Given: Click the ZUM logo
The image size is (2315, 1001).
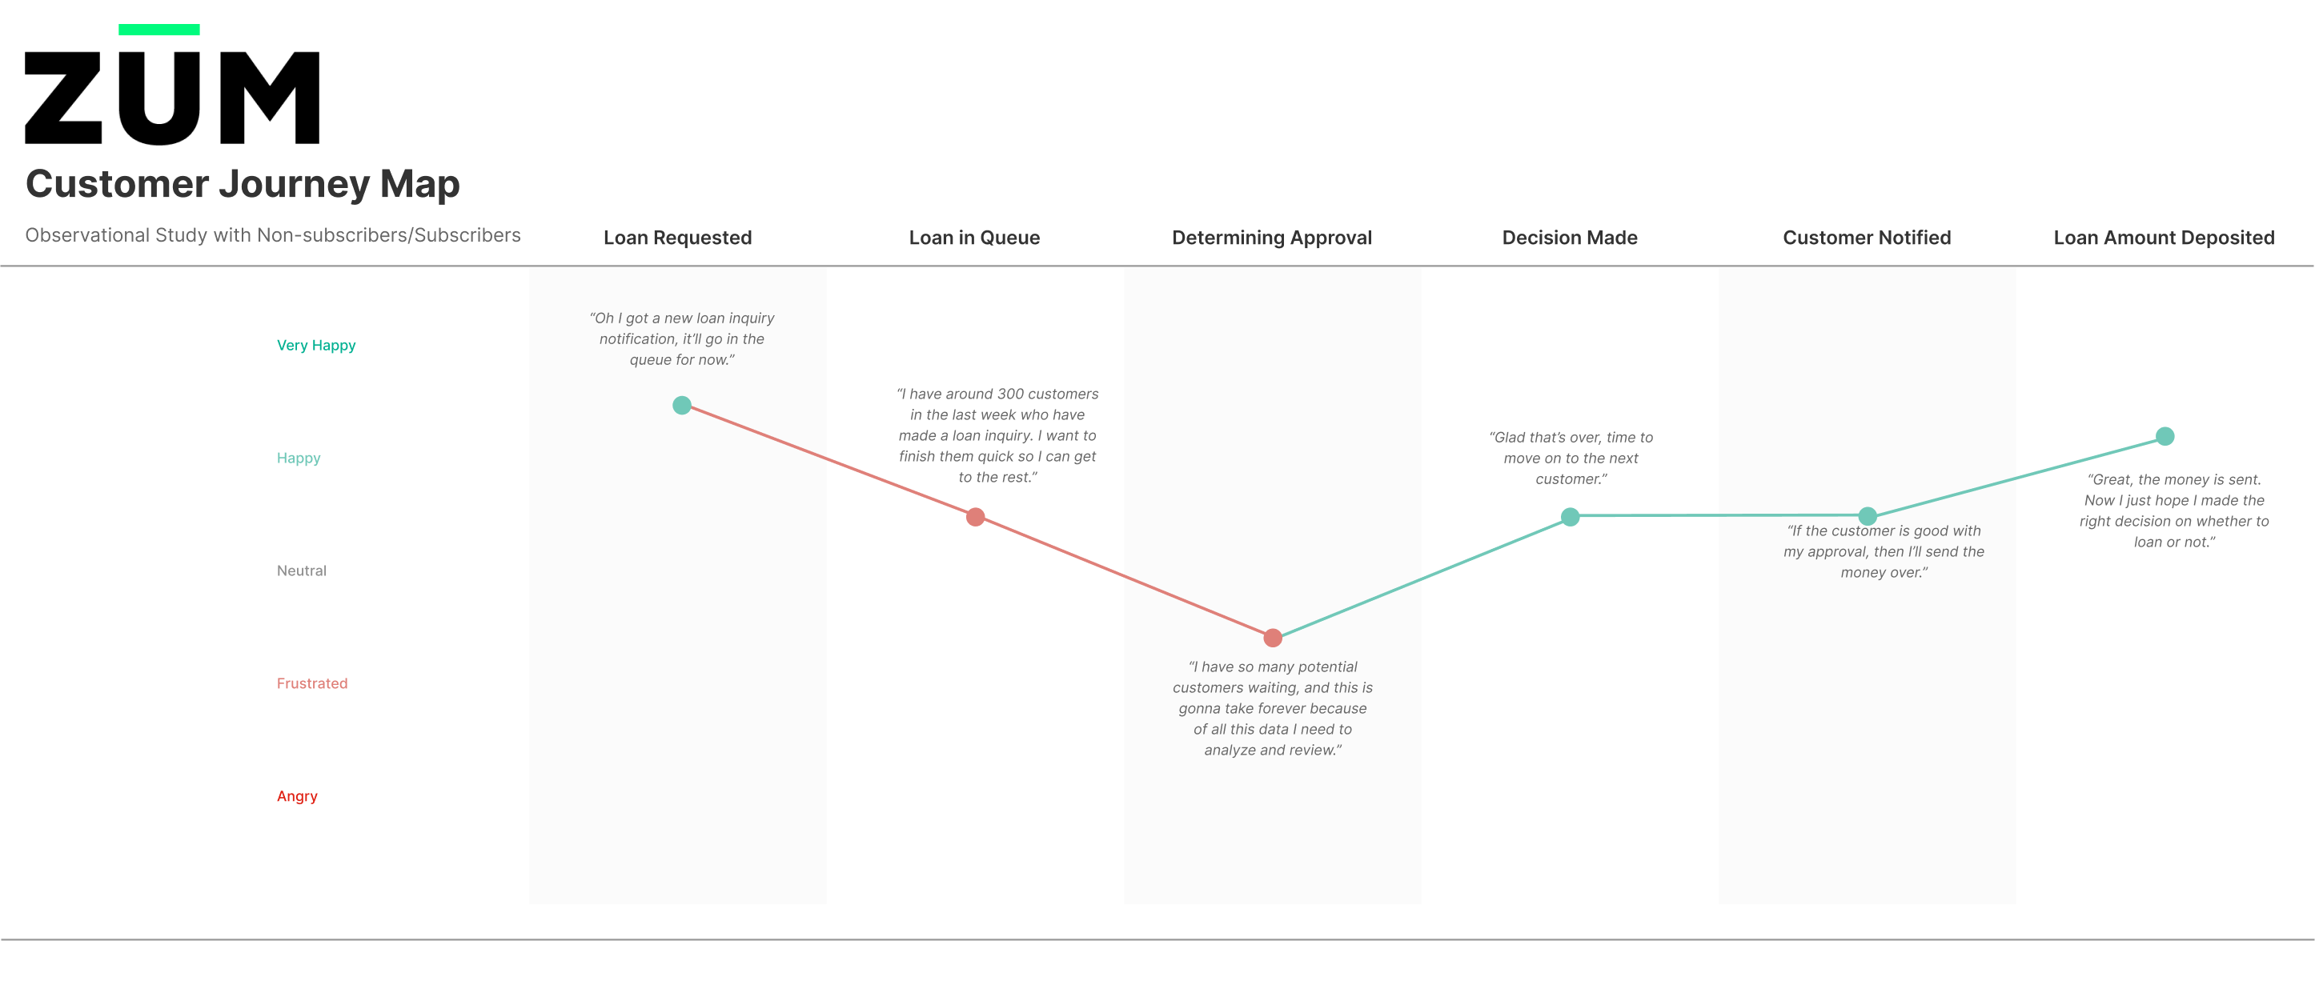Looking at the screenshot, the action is click(x=171, y=86).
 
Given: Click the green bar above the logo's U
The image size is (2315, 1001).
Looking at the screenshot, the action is click(x=159, y=30).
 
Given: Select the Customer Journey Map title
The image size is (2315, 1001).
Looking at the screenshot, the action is click(x=243, y=184).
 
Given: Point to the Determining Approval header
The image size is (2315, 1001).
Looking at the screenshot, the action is click(x=1272, y=238).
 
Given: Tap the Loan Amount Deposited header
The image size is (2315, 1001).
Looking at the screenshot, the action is click(x=2164, y=238).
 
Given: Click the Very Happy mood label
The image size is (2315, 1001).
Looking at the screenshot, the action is click(x=316, y=346).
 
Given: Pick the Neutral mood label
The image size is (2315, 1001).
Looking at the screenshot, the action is click(x=302, y=571).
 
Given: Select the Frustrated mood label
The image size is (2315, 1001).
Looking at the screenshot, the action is click(x=312, y=683).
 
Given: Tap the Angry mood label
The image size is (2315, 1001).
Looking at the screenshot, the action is click(x=298, y=796).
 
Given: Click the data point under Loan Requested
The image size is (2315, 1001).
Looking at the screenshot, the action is click(x=682, y=405).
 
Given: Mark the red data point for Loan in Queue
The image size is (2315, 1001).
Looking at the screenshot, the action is click(x=975, y=517).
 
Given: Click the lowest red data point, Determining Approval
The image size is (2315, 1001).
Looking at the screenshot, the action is click(x=1273, y=638).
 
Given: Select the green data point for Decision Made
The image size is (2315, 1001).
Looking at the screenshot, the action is click(x=1570, y=517).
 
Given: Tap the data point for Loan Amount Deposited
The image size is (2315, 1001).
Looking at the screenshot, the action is click(x=2165, y=437).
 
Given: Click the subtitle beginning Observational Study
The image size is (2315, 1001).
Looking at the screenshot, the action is click(x=273, y=235).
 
